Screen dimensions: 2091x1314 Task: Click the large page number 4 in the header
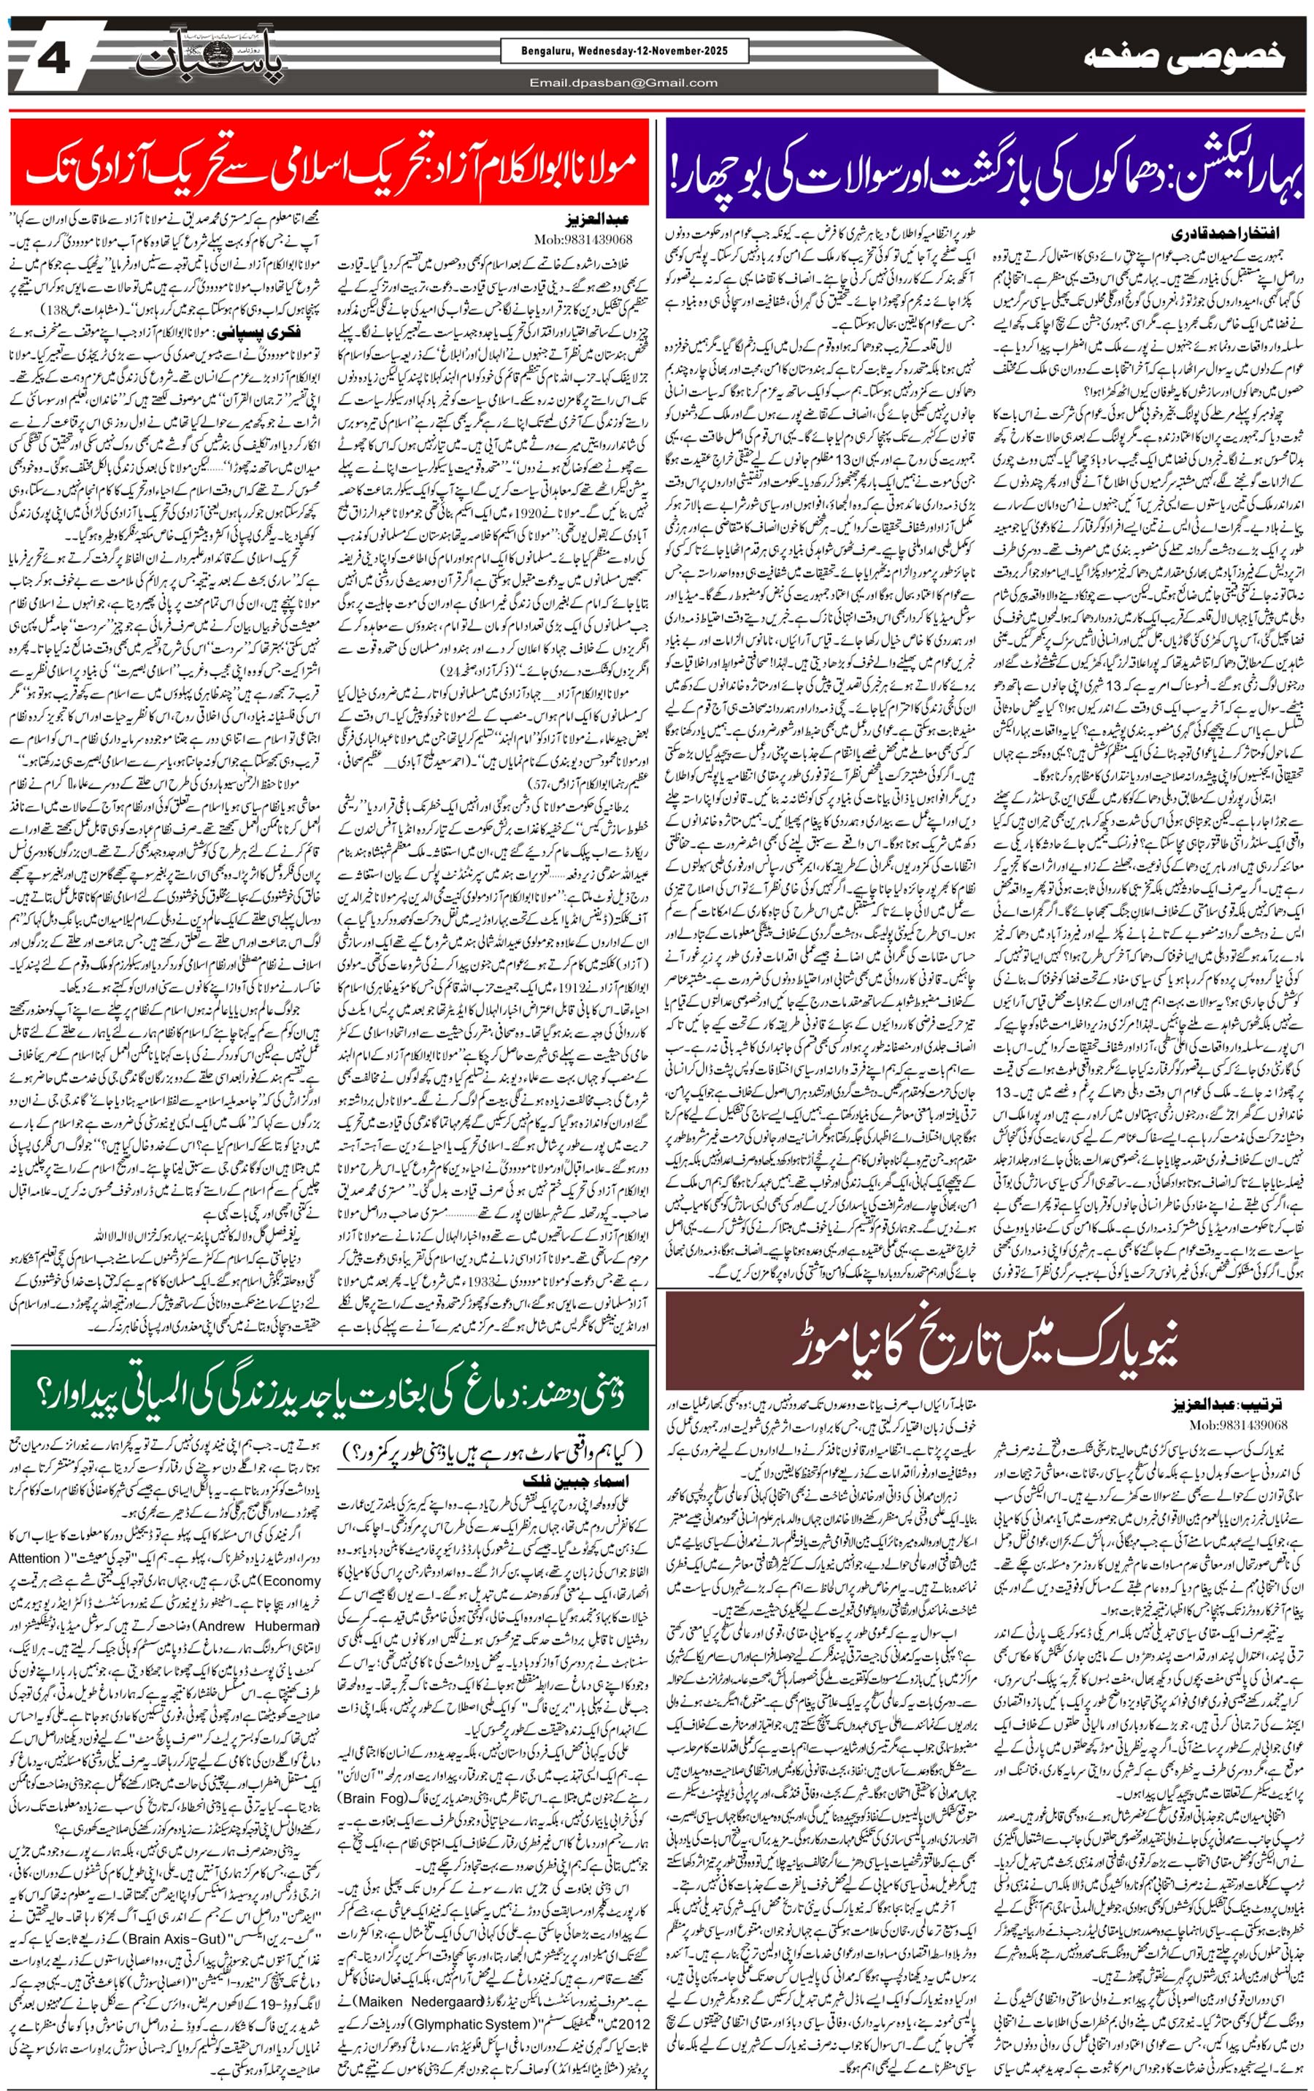(54, 58)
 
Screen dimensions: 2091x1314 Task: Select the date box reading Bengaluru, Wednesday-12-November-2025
(624, 51)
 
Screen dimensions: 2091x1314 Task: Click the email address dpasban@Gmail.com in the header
(623, 83)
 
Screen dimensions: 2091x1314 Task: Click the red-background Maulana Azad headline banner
(330, 165)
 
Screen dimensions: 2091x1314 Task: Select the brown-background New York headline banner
(984, 1340)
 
